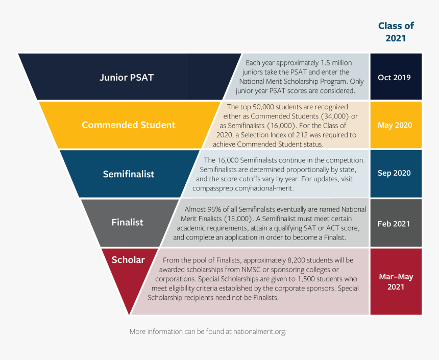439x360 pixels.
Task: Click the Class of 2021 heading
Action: (x=396, y=32)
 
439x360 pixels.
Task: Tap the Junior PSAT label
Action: (x=127, y=78)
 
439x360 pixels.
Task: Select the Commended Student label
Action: (x=129, y=125)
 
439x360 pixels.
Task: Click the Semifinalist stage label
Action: (x=129, y=174)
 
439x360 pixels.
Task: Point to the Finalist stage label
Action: (x=128, y=222)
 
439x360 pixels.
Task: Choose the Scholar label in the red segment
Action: (x=128, y=260)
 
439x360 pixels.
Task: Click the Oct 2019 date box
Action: (x=396, y=78)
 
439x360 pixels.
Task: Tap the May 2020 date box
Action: (x=396, y=125)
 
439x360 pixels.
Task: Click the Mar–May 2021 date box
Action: (x=396, y=281)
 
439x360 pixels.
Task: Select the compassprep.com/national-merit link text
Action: (x=241, y=187)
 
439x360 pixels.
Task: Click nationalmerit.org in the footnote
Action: (x=259, y=332)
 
